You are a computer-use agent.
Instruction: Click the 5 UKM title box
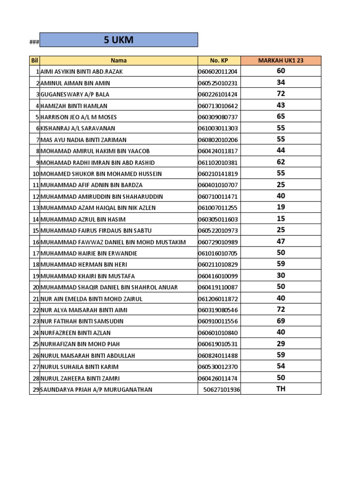pos(119,40)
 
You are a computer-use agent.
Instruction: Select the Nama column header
pos(119,60)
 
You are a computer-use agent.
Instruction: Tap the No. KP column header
pos(218,60)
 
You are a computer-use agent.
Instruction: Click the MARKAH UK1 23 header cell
pos(280,60)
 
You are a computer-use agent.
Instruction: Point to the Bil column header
pos(34,60)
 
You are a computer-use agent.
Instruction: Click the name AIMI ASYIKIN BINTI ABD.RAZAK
pos(82,72)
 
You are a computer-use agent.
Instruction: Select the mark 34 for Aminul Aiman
pos(280,82)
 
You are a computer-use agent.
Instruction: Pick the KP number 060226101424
pos(218,94)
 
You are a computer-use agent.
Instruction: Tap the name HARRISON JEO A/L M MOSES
pos(79,117)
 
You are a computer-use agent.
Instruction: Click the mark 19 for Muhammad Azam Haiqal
pos(280,207)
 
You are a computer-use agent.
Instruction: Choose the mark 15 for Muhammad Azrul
pos(280,218)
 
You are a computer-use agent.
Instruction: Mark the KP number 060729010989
pos(218,242)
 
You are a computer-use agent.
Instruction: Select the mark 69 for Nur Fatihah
pos(280,321)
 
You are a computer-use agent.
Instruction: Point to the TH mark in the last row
pos(280,389)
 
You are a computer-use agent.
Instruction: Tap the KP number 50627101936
pos(221,390)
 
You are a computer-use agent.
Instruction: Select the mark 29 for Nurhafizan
pos(280,344)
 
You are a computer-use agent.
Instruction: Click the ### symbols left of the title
pos(34,42)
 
